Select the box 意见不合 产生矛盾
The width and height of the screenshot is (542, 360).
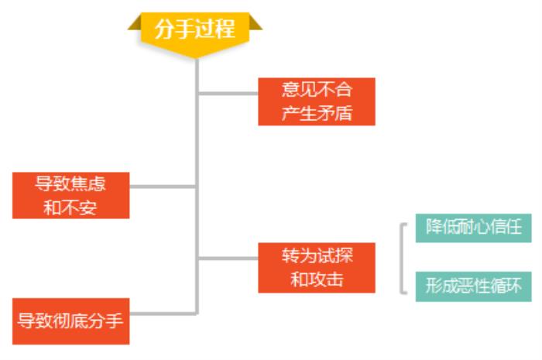click(317, 101)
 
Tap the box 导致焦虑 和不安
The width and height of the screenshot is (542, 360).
click(70, 195)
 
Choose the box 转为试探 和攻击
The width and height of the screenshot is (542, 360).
click(317, 268)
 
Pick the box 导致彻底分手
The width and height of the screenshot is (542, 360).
click(70, 321)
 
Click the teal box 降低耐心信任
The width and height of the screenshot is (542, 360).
click(473, 228)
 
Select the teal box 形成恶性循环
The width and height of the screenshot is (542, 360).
click(473, 286)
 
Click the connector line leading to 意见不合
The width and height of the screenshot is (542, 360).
click(228, 94)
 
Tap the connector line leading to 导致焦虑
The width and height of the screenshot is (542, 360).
click(163, 187)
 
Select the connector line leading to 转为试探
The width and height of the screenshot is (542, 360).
click(228, 258)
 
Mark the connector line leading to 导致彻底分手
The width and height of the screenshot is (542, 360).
click(163, 314)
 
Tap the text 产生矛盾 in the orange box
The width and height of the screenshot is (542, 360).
click(317, 113)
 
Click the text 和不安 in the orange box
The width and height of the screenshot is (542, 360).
click(70, 207)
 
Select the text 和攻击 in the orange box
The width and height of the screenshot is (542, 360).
click(317, 280)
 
